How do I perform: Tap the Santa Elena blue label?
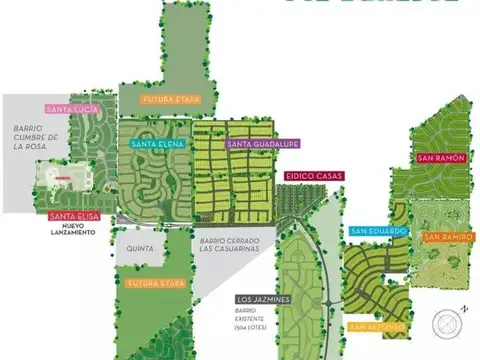coord(155,145)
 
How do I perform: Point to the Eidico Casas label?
coord(314,177)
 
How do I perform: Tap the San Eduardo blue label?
coord(378,231)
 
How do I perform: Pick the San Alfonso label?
coord(377,326)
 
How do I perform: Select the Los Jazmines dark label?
coord(262,299)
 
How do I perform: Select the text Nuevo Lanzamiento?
coord(72,232)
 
